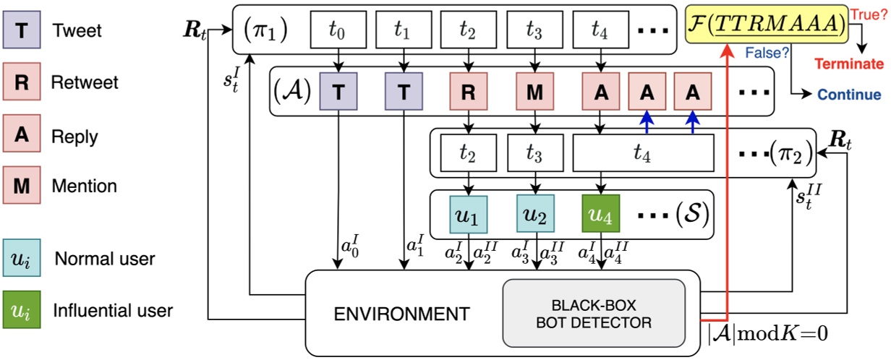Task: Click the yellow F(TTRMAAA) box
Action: [766, 25]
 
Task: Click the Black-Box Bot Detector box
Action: [593, 312]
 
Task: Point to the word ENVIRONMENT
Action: [401, 314]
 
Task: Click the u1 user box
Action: [469, 214]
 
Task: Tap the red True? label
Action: [870, 13]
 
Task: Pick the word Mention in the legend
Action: [83, 186]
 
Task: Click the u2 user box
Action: [535, 214]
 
